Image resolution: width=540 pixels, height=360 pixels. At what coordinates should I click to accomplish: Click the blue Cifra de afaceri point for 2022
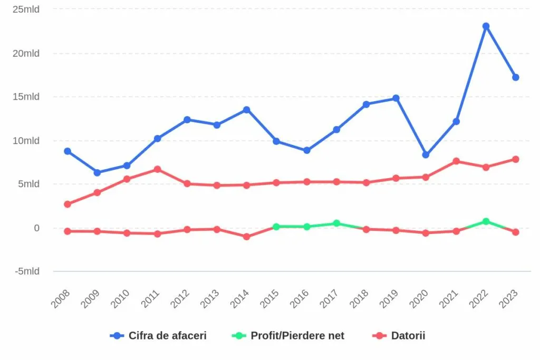click(486, 26)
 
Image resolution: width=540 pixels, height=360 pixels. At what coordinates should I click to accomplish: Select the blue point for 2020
click(426, 155)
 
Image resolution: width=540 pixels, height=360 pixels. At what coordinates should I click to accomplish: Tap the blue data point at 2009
click(97, 173)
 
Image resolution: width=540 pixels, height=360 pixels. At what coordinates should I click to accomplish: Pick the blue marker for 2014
click(246, 110)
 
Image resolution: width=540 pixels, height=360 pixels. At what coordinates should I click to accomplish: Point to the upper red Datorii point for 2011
click(157, 169)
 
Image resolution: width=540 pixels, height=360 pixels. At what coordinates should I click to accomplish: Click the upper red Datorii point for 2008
click(67, 204)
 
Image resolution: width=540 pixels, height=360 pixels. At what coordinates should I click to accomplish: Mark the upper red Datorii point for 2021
click(456, 161)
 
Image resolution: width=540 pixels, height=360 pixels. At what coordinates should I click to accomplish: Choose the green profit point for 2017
click(336, 223)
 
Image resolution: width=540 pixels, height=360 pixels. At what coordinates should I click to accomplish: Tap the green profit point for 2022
click(486, 221)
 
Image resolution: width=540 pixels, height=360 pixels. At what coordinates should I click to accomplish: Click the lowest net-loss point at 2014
click(246, 237)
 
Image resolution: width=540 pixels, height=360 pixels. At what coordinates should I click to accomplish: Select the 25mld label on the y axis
click(26, 9)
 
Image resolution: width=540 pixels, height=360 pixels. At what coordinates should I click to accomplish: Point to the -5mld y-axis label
click(27, 271)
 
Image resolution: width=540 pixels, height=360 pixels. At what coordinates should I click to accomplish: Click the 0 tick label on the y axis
click(36, 228)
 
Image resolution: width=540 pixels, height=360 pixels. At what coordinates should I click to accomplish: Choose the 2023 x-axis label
click(508, 299)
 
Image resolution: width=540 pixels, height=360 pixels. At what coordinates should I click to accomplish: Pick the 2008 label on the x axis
click(60, 299)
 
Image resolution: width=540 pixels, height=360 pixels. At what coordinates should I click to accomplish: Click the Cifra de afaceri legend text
click(167, 336)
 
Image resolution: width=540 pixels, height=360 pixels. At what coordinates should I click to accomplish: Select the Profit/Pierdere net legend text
click(297, 336)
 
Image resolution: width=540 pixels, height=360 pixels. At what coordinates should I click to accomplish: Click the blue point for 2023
click(515, 77)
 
